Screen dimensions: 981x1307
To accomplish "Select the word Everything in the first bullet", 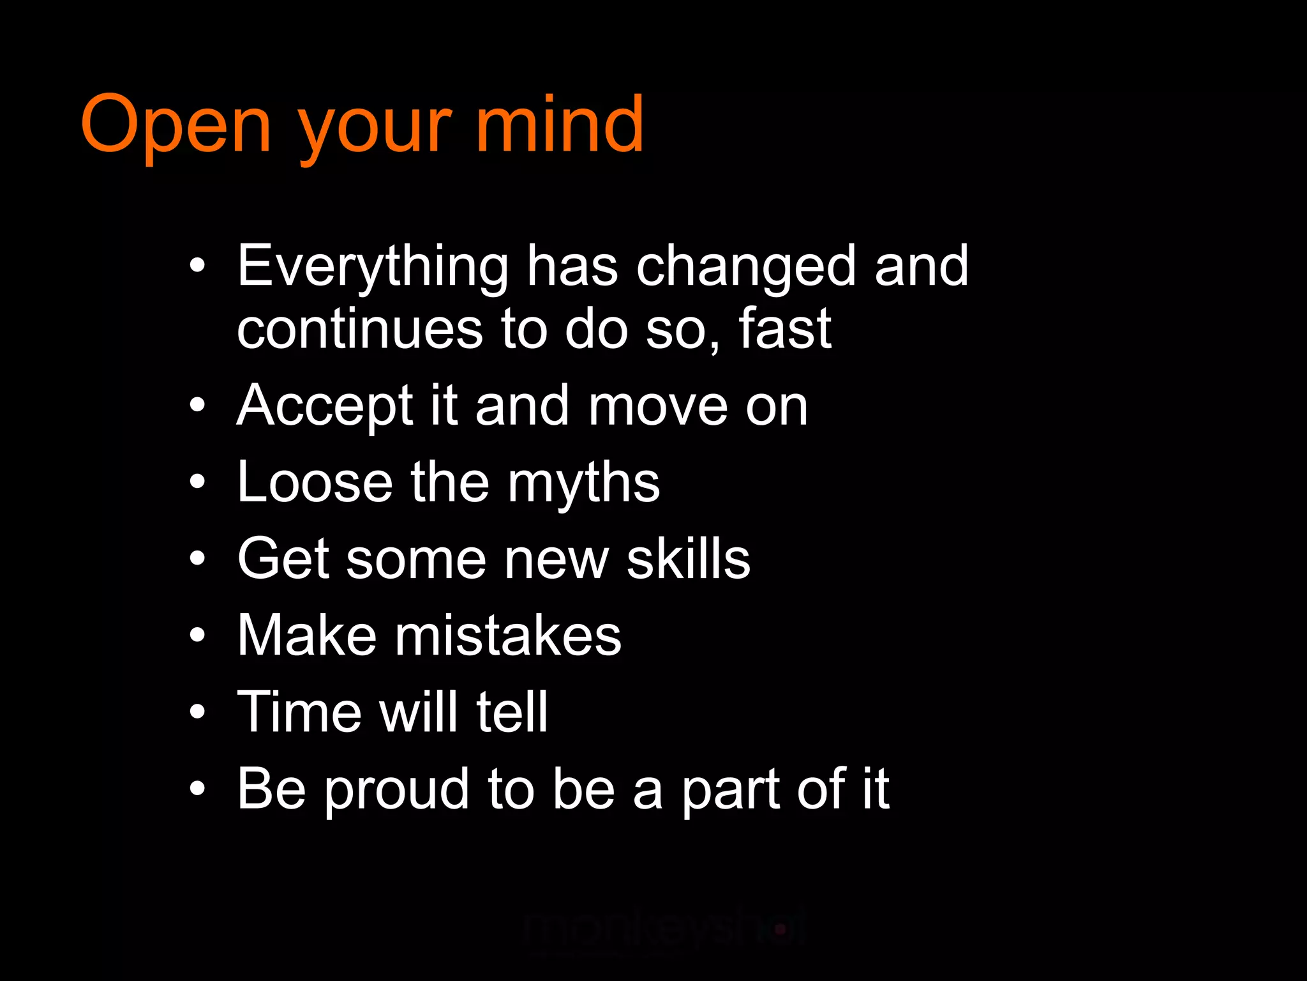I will (373, 266).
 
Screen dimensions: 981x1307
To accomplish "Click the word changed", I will (745, 266).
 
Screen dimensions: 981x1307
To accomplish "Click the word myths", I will (583, 483).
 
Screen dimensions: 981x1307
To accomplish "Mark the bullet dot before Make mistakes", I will (198, 635).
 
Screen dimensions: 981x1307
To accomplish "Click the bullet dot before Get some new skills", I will (198, 558).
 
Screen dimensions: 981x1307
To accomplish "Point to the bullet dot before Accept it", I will (198, 405).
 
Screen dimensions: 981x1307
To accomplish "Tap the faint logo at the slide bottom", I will (664, 929).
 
